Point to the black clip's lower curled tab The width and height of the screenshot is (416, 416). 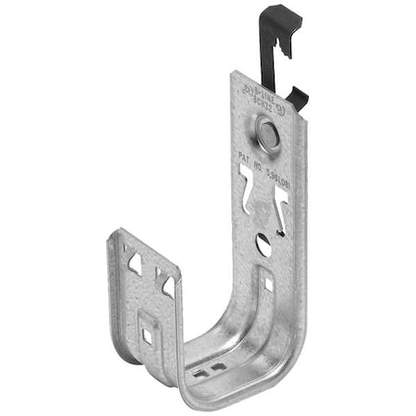299,93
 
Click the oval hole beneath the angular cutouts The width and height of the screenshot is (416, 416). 264,246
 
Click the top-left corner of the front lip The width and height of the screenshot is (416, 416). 110,235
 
